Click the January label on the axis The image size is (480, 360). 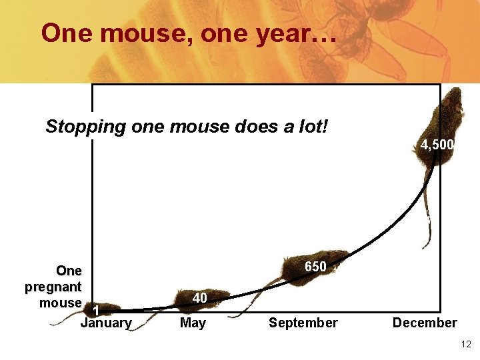pos(105,323)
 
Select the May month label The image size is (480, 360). pos(193,323)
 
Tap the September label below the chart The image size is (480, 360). pos(303,323)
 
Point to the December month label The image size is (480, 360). pos(425,323)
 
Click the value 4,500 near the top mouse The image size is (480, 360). pos(437,145)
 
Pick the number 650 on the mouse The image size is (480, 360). pos(315,267)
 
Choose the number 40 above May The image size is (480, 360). pos(199,298)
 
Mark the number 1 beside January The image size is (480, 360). pos(97,311)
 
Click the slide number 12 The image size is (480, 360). pos(465,344)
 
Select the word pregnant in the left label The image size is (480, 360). pos(53,287)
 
